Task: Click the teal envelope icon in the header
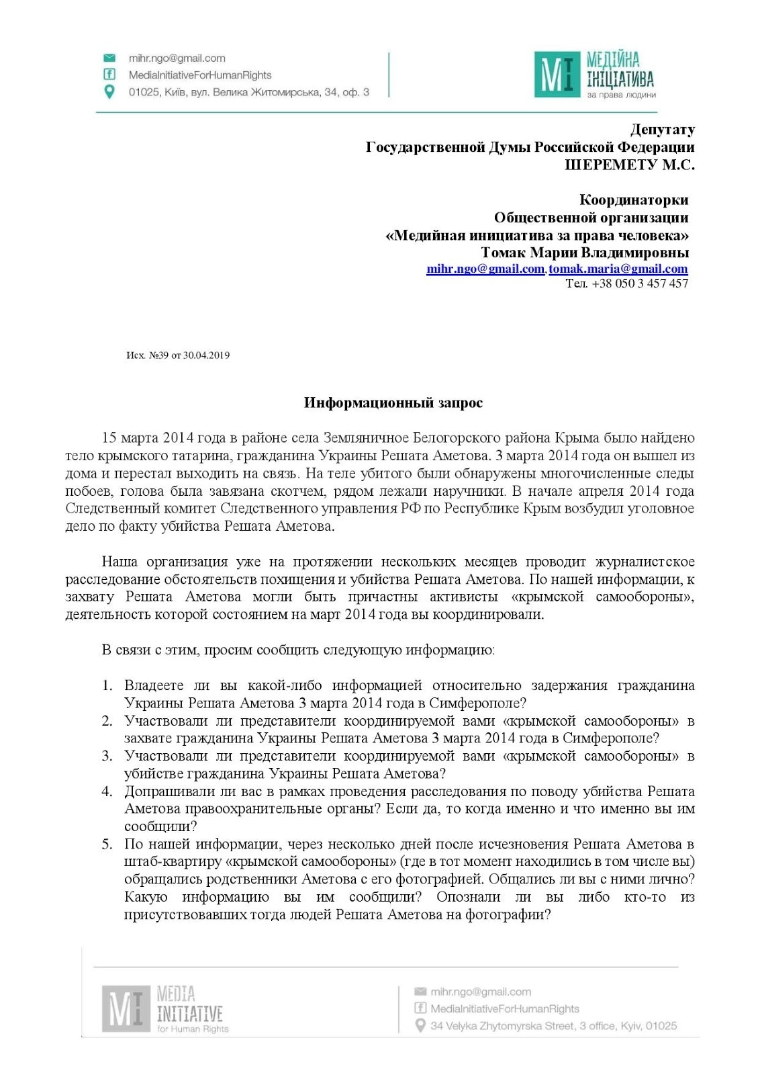click(x=109, y=58)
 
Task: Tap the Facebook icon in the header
click(x=109, y=75)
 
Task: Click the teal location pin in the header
click(x=109, y=92)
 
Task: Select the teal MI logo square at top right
click(x=557, y=75)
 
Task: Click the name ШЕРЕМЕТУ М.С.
click(x=629, y=165)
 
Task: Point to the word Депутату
click(x=662, y=130)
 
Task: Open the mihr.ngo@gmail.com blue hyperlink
click(x=485, y=269)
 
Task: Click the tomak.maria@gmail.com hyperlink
click(x=618, y=269)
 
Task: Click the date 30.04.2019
click(x=206, y=355)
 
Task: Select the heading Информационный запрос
click(x=393, y=403)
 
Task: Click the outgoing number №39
click(x=158, y=355)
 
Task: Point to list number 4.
click(x=107, y=791)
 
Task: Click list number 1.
click(x=107, y=686)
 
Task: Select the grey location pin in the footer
click(x=420, y=1026)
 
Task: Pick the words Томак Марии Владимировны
click(x=585, y=253)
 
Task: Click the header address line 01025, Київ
click(x=248, y=92)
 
